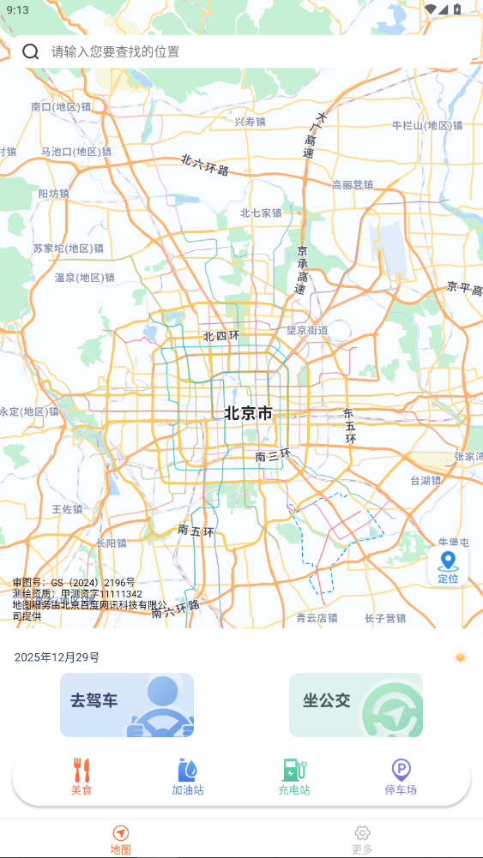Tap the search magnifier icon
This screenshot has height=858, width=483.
click(31, 51)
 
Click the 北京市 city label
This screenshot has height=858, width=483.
click(248, 413)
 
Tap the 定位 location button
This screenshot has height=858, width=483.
click(448, 567)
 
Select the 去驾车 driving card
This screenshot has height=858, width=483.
click(127, 705)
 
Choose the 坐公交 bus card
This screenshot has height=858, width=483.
click(355, 705)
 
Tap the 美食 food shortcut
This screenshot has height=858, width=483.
click(82, 777)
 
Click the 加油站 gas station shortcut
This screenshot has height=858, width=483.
click(188, 777)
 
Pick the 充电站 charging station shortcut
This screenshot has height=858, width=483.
click(294, 777)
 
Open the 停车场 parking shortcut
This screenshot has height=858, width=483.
click(401, 777)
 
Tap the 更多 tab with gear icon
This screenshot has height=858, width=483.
click(362, 839)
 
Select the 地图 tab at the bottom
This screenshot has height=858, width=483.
click(121, 839)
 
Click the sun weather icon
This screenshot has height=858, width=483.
click(461, 657)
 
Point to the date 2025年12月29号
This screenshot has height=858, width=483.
click(57, 657)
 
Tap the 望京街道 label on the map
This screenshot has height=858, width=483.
click(307, 330)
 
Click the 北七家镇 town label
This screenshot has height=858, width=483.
click(261, 213)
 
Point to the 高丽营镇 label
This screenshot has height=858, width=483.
click(353, 184)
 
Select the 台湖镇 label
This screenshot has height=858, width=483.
click(426, 480)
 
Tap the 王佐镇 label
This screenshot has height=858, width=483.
click(67, 509)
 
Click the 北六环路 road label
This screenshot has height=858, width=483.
click(205, 165)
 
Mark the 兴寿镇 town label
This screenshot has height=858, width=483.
click(251, 122)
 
